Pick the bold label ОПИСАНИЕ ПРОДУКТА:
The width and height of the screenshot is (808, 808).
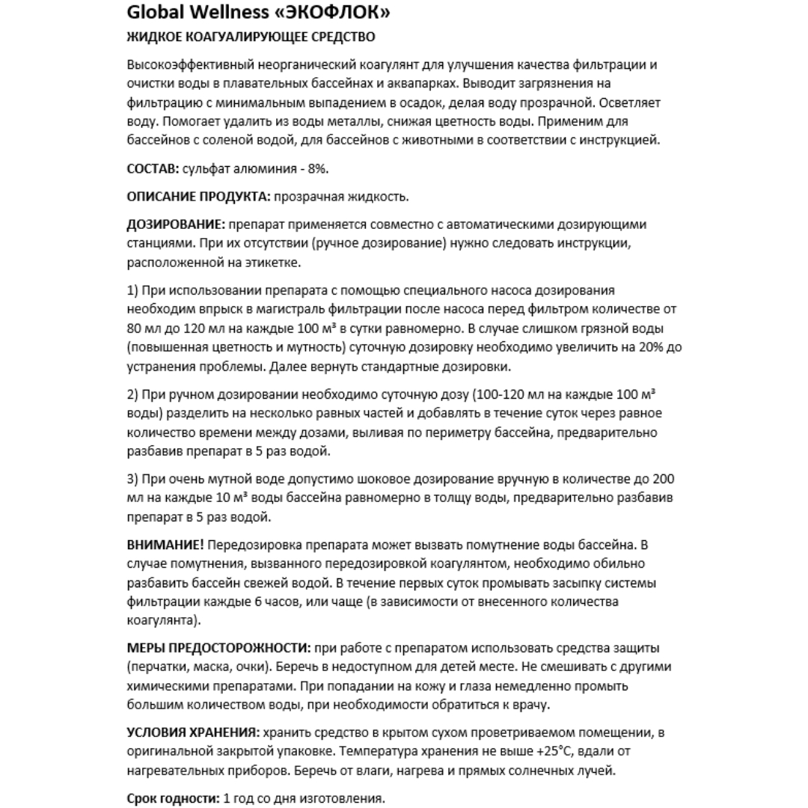pos(198,197)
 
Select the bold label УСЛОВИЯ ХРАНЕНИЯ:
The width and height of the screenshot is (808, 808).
pos(193,732)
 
